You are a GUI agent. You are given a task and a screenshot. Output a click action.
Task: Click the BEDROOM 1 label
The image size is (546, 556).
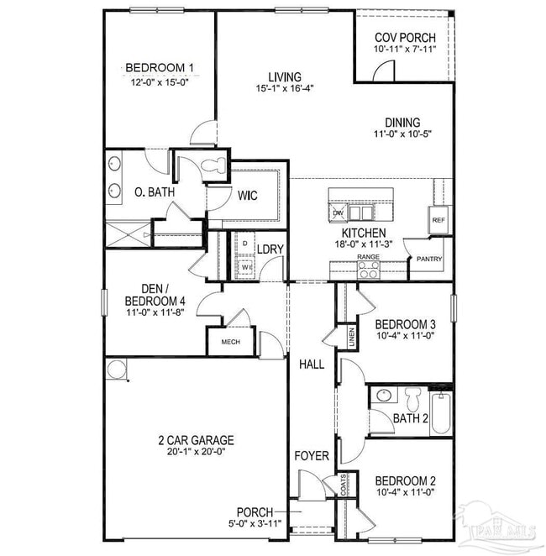click(160, 68)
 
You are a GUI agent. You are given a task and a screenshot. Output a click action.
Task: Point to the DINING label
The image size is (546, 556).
click(403, 122)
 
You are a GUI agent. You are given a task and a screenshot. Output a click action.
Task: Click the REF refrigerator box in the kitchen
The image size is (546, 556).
click(438, 220)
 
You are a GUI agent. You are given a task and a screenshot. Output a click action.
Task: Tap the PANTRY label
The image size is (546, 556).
click(424, 260)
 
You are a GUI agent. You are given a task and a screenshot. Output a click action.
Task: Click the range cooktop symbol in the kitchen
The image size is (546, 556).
click(368, 270)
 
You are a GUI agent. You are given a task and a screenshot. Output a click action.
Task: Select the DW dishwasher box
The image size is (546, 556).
click(339, 213)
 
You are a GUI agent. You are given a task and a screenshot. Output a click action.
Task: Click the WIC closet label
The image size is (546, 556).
click(247, 197)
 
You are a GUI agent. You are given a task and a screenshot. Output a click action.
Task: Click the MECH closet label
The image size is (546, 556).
click(230, 342)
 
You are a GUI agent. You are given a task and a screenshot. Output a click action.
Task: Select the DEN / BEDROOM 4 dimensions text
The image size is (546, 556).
click(155, 313)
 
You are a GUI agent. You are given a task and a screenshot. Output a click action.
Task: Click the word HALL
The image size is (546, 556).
click(312, 365)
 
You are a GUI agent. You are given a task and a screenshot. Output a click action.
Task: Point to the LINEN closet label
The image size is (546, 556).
click(351, 338)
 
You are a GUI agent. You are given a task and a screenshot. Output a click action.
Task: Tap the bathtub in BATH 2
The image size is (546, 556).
click(440, 414)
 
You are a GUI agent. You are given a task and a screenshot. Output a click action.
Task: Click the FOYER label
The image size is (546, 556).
click(312, 456)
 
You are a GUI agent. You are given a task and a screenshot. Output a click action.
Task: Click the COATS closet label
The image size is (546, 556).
click(344, 485)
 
